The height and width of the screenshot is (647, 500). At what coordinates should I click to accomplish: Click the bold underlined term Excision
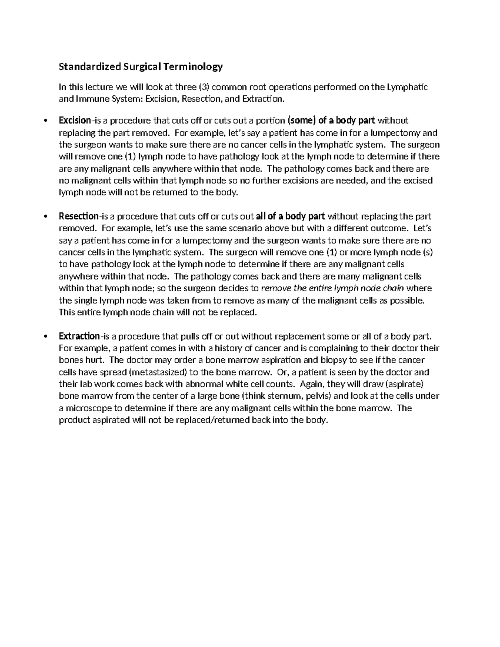point(75,121)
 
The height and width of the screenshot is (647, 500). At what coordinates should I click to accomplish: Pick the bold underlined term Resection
point(78,217)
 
